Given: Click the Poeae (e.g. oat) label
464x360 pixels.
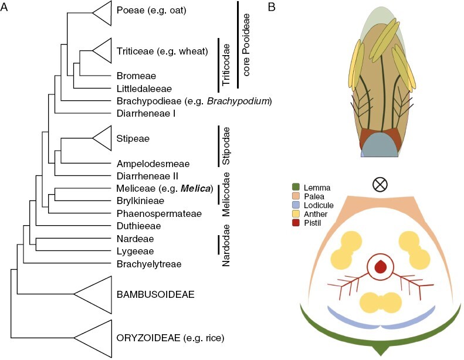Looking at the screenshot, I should click(151, 11).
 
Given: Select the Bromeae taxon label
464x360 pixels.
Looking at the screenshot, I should click(136, 76).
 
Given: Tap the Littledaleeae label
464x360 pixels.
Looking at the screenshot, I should click(144, 88).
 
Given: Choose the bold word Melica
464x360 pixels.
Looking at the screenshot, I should click(194, 188).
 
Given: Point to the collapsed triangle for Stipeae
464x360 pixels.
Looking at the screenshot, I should click(103, 138).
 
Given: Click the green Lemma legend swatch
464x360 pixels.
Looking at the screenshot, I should click(295, 188).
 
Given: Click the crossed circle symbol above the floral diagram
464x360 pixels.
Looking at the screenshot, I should click(381, 185).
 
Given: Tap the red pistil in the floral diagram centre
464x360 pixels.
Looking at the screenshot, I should click(381, 267).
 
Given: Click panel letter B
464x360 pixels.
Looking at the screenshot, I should click(271, 7).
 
